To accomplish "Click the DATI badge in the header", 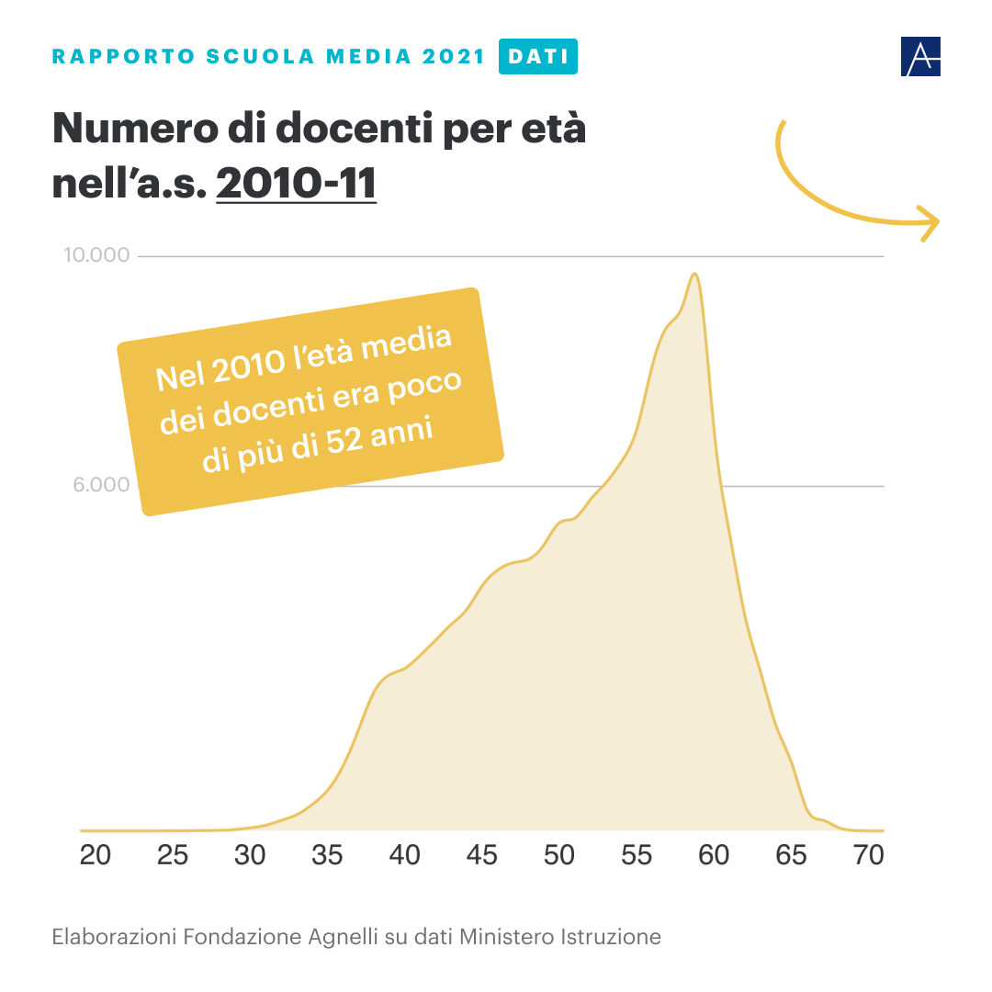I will [x=537, y=56].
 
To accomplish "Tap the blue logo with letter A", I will [x=920, y=57].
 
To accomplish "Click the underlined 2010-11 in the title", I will [x=296, y=182].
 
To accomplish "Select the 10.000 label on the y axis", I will [x=96, y=254].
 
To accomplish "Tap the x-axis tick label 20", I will [x=96, y=855].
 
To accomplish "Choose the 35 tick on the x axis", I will [x=327, y=855].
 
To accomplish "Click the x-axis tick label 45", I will [x=481, y=855].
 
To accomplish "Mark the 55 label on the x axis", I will [x=637, y=855].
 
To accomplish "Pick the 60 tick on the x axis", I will [x=714, y=855].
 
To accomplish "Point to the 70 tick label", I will [x=868, y=855].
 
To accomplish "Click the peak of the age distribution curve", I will [x=695, y=274].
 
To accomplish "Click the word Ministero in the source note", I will [x=507, y=937].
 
